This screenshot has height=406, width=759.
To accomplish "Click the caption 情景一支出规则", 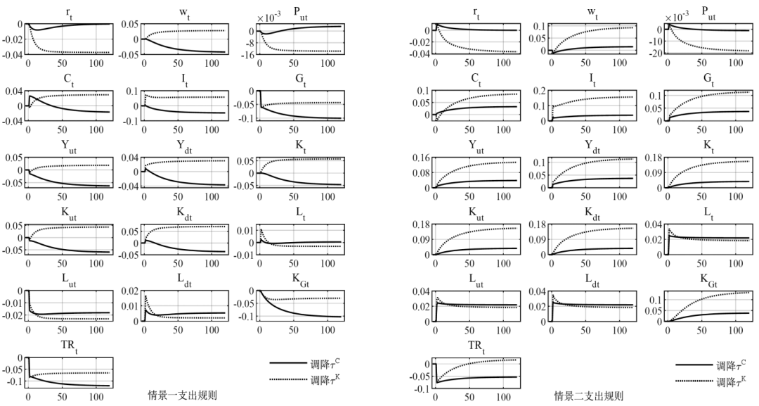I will coord(182,395).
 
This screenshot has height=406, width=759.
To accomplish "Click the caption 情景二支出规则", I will coord(589,395).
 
